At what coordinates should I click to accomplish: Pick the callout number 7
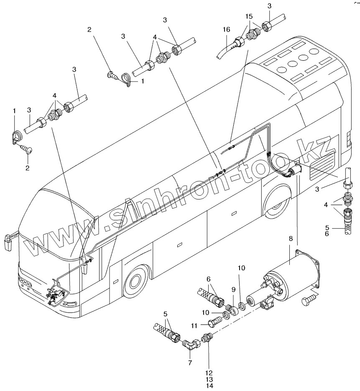(190, 363)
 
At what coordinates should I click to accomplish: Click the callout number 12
(209, 373)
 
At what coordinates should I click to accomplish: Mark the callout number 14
(209, 386)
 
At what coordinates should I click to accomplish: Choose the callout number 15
(249, 16)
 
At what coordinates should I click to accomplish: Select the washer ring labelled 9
(230, 310)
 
